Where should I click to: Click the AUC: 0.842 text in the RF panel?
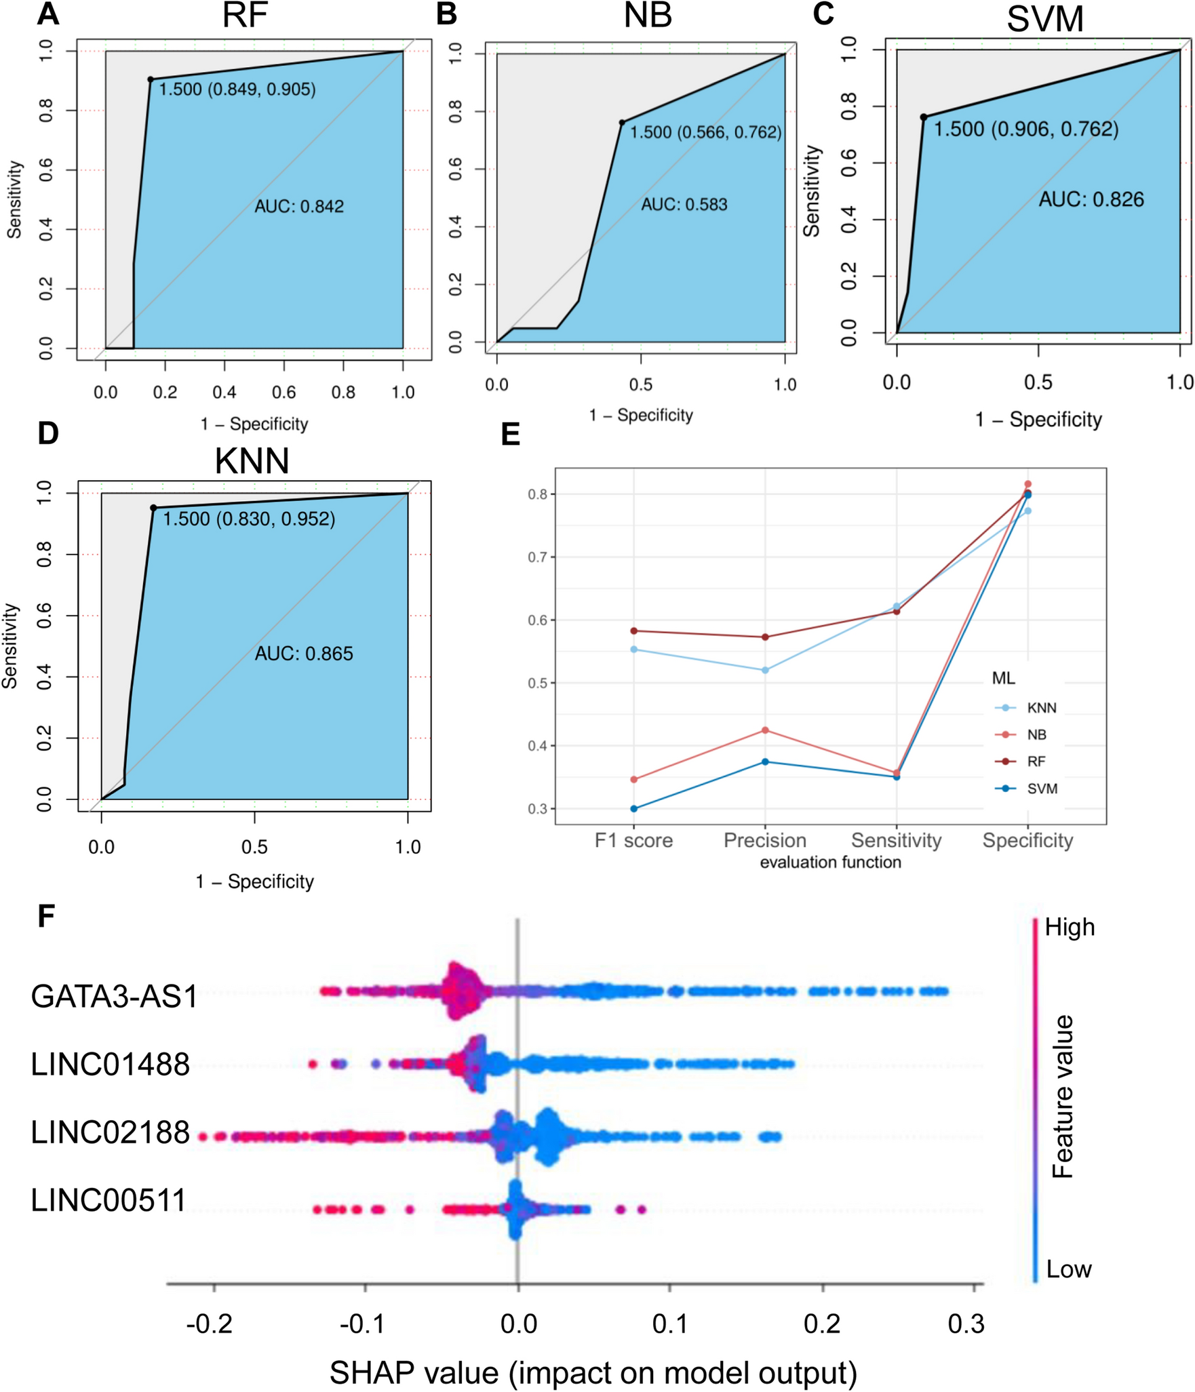coord(299,206)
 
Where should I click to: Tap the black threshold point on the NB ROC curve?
coord(622,123)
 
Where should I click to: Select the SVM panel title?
coord(1044,19)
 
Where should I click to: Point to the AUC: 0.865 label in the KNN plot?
coord(304,654)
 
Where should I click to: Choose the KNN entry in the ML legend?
coord(1041,708)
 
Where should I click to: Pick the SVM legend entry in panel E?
coord(1042,789)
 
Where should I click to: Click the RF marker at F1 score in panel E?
coord(634,631)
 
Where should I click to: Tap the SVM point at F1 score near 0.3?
coord(634,808)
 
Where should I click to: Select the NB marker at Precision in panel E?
coord(765,730)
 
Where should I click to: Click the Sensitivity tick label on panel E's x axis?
coord(896,840)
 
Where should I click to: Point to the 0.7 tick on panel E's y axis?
coord(538,557)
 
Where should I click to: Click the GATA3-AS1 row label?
coord(114,997)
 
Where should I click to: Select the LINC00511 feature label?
coord(109,1200)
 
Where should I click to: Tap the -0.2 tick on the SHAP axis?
coord(210,1323)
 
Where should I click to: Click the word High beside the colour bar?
coord(1070,927)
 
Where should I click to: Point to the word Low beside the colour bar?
coord(1069,1269)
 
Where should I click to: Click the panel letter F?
coord(45,916)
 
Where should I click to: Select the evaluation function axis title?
coord(830,862)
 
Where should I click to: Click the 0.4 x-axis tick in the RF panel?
coord(224,392)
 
